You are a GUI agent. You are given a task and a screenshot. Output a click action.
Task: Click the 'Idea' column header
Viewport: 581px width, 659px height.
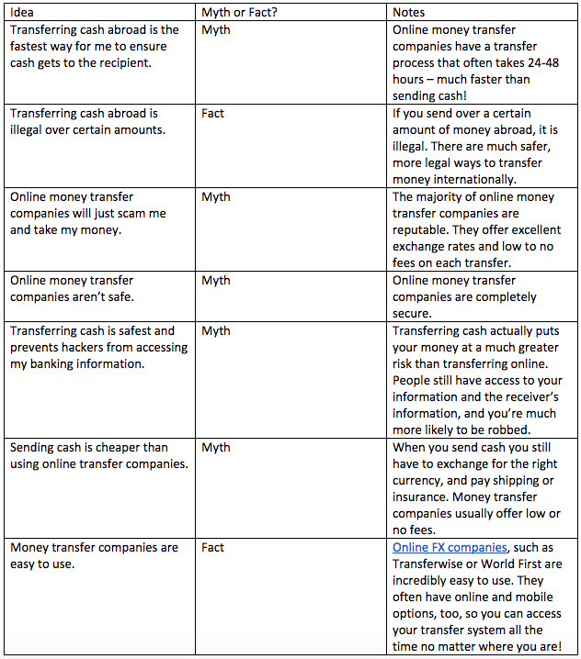pos(21,13)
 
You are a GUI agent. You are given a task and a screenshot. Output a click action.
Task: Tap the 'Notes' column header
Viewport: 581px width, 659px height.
pos(409,13)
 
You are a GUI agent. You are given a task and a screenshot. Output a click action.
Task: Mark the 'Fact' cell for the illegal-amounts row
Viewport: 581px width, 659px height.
pos(212,113)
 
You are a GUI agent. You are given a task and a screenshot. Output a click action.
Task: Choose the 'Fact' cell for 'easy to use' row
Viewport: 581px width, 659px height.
pos(212,547)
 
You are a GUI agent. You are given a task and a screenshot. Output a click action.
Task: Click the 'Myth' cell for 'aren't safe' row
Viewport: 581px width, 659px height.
pos(216,280)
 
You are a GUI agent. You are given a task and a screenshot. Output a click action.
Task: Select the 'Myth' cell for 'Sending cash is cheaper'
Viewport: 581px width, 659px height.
pos(216,447)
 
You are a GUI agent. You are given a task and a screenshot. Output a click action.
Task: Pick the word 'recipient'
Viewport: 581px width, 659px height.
pos(124,62)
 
